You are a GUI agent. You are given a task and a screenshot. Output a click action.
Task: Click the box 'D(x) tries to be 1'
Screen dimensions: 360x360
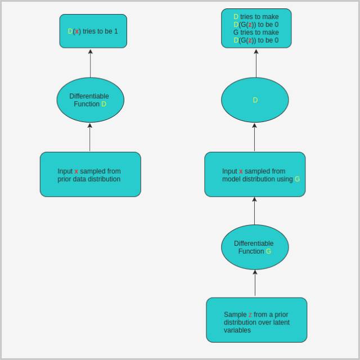click(x=93, y=31)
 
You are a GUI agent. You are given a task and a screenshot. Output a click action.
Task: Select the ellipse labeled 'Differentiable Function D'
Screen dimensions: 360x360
click(x=90, y=100)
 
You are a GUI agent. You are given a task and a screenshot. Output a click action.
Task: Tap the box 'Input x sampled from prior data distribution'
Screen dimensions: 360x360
click(x=90, y=174)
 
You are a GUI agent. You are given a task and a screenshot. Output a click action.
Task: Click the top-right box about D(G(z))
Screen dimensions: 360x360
click(x=256, y=28)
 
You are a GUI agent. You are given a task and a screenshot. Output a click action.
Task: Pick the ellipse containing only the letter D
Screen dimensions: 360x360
click(x=255, y=100)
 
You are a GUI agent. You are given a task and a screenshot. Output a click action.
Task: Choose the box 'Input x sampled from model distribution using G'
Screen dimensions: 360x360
click(x=255, y=174)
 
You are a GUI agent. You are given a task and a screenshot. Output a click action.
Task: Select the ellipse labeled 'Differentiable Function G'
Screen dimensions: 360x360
click(x=255, y=247)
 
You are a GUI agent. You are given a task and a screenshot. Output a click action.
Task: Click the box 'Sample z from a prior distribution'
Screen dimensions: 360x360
click(x=256, y=319)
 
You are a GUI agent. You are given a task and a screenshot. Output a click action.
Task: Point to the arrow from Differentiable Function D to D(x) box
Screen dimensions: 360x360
click(x=90, y=63)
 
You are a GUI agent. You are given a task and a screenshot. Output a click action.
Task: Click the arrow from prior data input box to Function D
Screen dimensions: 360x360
click(x=89, y=137)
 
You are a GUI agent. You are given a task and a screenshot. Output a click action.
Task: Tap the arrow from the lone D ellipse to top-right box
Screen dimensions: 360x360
click(x=256, y=63)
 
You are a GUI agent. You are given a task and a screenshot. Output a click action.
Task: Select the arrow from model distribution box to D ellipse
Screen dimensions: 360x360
click(x=254, y=137)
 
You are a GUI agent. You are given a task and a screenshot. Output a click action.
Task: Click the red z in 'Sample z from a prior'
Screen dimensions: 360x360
click(x=250, y=315)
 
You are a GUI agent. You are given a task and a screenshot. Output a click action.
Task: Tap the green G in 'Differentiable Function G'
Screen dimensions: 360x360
click(x=268, y=251)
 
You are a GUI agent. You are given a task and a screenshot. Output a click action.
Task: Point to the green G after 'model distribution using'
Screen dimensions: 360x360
click(x=297, y=179)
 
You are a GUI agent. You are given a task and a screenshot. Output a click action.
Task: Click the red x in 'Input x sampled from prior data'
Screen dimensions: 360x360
click(x=76, y=172)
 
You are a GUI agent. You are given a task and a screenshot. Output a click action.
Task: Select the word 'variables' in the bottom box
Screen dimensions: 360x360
click(x=237, y=330)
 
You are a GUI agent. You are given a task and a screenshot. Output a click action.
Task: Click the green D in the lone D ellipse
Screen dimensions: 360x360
click(x=255, y=100)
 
